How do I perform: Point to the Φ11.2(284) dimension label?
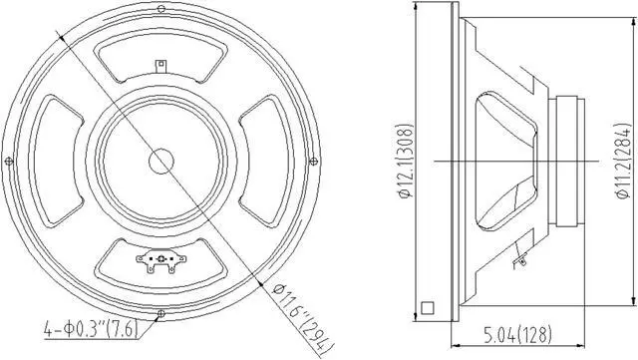624,160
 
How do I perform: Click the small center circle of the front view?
160,160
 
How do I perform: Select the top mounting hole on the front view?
160,8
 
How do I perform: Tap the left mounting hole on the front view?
8,160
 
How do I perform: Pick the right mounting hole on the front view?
314,160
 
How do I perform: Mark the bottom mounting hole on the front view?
160,312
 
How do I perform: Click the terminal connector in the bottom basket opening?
160,261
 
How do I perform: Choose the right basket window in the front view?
262,160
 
